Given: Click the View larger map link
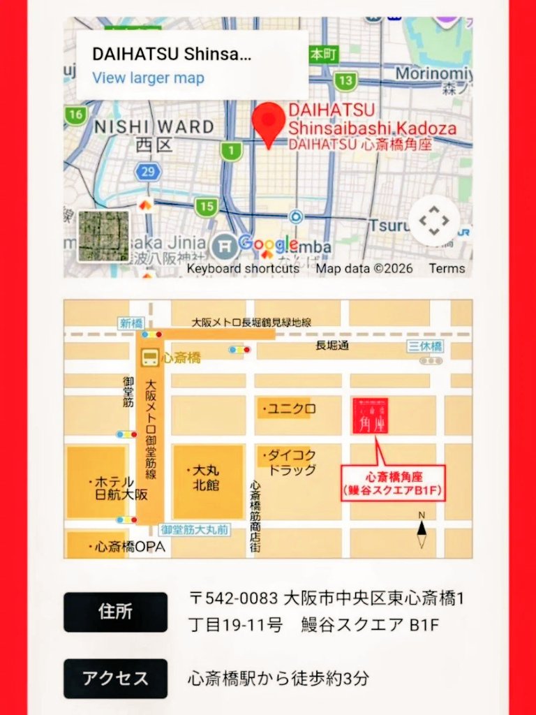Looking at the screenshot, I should click(x=148, y=78).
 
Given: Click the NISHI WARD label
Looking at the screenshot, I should click(x=154, y=127).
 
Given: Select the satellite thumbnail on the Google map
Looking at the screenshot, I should click(x=103, y=235).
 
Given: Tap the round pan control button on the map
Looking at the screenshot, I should click(x=434, y=221).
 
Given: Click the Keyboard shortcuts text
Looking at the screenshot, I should click(x=243, y=268).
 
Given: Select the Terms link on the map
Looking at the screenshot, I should click(x=447, y=268).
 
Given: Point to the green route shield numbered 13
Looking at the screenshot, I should click(x=345, y=81).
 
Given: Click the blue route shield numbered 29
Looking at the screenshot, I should click(x=148, y=172).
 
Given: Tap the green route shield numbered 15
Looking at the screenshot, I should click(x=206, y=206).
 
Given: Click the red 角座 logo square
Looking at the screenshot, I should click(x=370, y=415).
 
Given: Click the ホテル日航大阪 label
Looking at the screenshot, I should click(x=119, y=488).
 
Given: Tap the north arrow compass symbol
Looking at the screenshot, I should click(x=422, y=531).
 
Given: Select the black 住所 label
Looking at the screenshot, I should click(x=115, y=612).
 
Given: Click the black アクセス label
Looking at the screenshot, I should click(x=115, y=678).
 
